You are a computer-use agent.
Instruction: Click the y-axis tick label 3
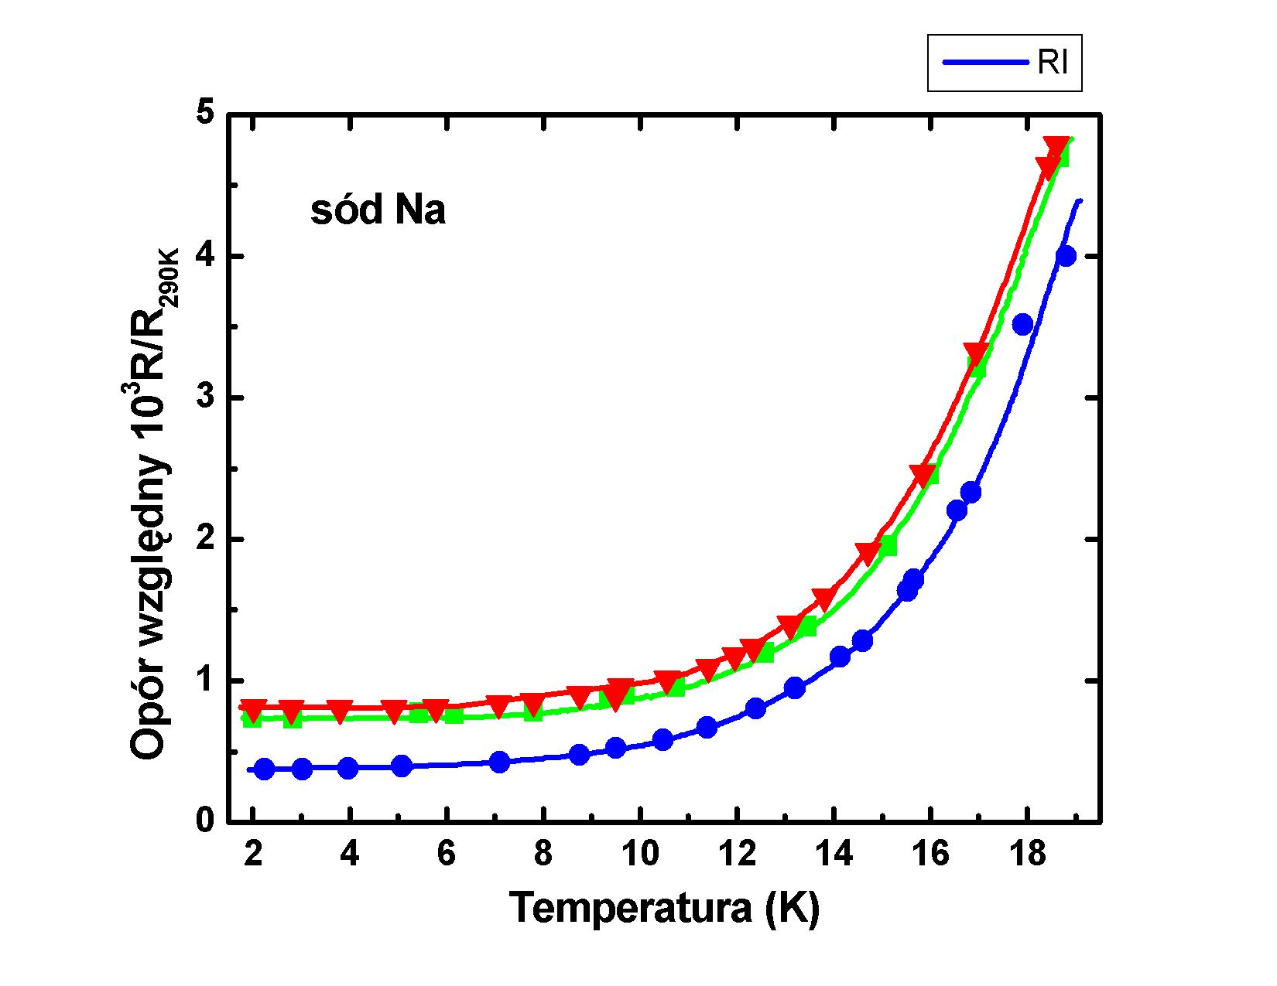pyautogui.click(x=204, y=397)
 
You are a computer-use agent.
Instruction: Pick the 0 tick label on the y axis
pyautogui.click(x=204, y=821)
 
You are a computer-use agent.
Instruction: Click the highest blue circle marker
pyautogui.click(x=1066, y=257)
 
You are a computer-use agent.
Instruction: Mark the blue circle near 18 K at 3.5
pyautogui.click(x=1022, y=324)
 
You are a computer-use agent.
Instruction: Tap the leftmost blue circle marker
pyautogui.click(x=265, y=769)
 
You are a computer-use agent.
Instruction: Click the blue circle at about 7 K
pyautogui.click(x=500, y=762)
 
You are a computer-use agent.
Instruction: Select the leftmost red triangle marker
pyautogui.click(x=253, y=708)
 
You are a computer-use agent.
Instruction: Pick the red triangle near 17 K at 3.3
pyautogui.click(x=977, y=353)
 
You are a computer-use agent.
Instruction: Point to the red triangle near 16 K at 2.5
pyautogui.click(x=922, y=474)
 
